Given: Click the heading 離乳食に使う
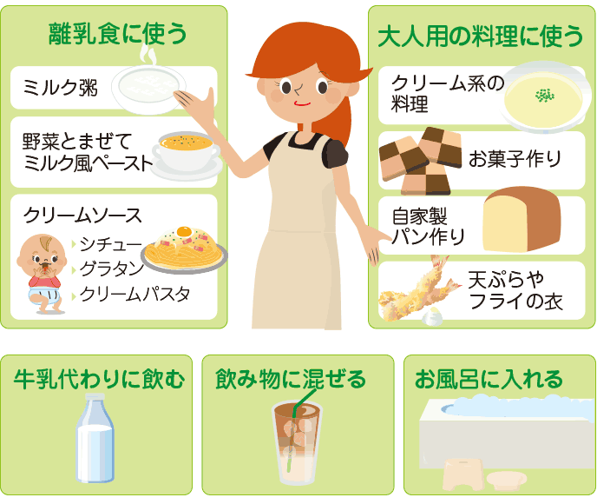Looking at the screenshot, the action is pos(118,34).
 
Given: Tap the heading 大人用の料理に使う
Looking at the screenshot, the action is pos(481,36).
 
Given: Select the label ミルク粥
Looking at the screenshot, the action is pos(60,88).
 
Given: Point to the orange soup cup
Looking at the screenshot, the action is pos(187,155).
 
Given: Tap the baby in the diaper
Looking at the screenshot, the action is pos(42,274).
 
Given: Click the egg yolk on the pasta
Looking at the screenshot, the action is pos(184,231).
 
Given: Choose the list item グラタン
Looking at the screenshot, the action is pos(111,269).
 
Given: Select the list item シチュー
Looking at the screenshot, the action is pos(110,244).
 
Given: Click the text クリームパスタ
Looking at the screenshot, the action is pos(134,294).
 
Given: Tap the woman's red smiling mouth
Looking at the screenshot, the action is pos(302,103).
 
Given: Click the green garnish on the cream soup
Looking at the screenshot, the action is pos(544,96).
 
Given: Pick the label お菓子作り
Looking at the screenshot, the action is pos(515,158).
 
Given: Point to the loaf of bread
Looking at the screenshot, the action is pos(522,219).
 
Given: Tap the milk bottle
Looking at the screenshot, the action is pos(95,438).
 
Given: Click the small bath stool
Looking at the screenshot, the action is pos(463,474).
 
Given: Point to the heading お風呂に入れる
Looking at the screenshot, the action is pos(489,380).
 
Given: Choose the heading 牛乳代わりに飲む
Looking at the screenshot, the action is pos(100,380).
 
